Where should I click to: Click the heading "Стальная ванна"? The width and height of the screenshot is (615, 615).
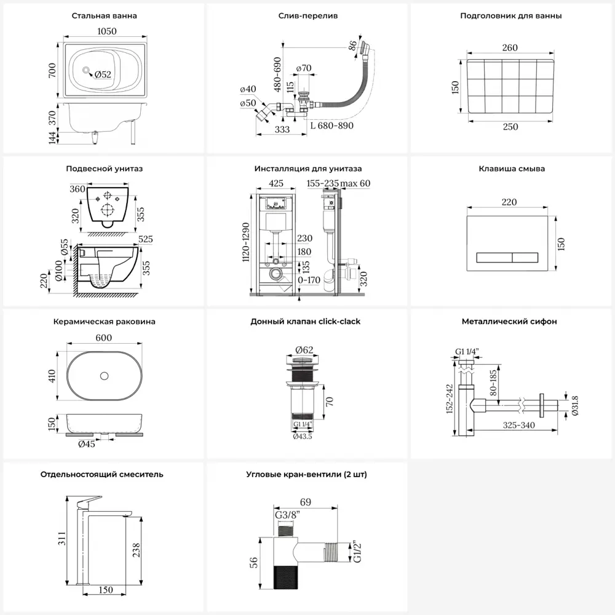click(x=104, y=16)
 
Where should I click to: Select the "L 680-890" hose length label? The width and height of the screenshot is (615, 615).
click(x=332, y=125)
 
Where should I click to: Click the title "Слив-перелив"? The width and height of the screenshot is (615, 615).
click(x=307, y=16)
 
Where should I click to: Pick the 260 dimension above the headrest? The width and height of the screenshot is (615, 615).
click(x=510, y=48)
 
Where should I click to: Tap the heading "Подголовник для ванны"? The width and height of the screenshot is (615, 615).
click(x=510, y=16)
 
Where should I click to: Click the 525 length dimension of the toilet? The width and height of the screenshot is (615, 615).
click(x=146, y=239)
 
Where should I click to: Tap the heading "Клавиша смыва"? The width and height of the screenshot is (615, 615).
click(x=512, y=169)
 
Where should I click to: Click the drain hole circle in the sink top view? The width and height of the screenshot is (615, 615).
click(x=104, y=375)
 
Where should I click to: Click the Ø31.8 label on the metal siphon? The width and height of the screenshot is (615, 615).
click(x=574, y=405)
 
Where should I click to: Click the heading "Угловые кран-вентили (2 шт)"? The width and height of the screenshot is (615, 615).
click(x=307, y=474)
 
